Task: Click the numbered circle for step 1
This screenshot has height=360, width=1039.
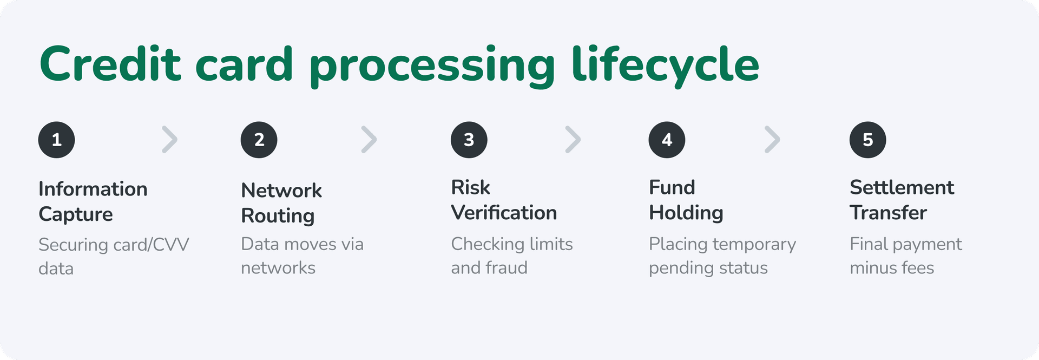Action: pos(56,140)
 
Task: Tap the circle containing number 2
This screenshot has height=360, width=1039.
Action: pos(259,140)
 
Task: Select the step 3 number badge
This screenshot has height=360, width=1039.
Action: pos(469,140)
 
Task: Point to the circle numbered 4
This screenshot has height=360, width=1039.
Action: pos(667,140)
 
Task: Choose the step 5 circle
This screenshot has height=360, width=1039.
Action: pos(867,140)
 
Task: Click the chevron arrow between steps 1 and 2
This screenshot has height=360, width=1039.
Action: pos(170,140)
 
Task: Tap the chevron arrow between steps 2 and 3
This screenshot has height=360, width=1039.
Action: pos(369,140)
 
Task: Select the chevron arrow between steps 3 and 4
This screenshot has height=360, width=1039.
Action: pos(573,140)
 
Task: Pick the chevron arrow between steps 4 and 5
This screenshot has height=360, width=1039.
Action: pos(772,140)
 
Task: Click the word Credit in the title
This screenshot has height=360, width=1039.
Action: pos(110,64)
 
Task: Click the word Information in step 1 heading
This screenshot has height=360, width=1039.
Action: pos(93,189)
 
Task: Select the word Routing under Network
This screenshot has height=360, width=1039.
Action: pos(278,216)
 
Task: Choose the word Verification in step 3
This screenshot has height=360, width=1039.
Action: pos(504,213)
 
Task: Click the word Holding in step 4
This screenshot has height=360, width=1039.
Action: pos(686,213)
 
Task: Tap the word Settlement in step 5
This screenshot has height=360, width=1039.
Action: pos(902,187)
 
